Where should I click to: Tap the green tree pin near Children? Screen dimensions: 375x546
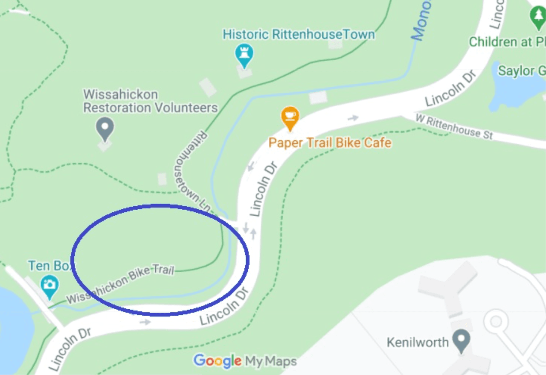537,18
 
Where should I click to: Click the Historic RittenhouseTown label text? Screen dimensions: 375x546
299,34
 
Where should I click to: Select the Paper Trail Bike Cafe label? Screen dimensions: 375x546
330,143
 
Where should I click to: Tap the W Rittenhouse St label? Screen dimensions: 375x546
454,127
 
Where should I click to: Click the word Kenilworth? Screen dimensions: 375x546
418,342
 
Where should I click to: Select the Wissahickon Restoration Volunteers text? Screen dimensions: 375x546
150,101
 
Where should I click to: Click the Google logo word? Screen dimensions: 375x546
218,361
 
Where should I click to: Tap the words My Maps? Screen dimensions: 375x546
270,362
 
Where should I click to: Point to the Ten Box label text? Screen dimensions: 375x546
50,266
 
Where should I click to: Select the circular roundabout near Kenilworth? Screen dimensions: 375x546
496,321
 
